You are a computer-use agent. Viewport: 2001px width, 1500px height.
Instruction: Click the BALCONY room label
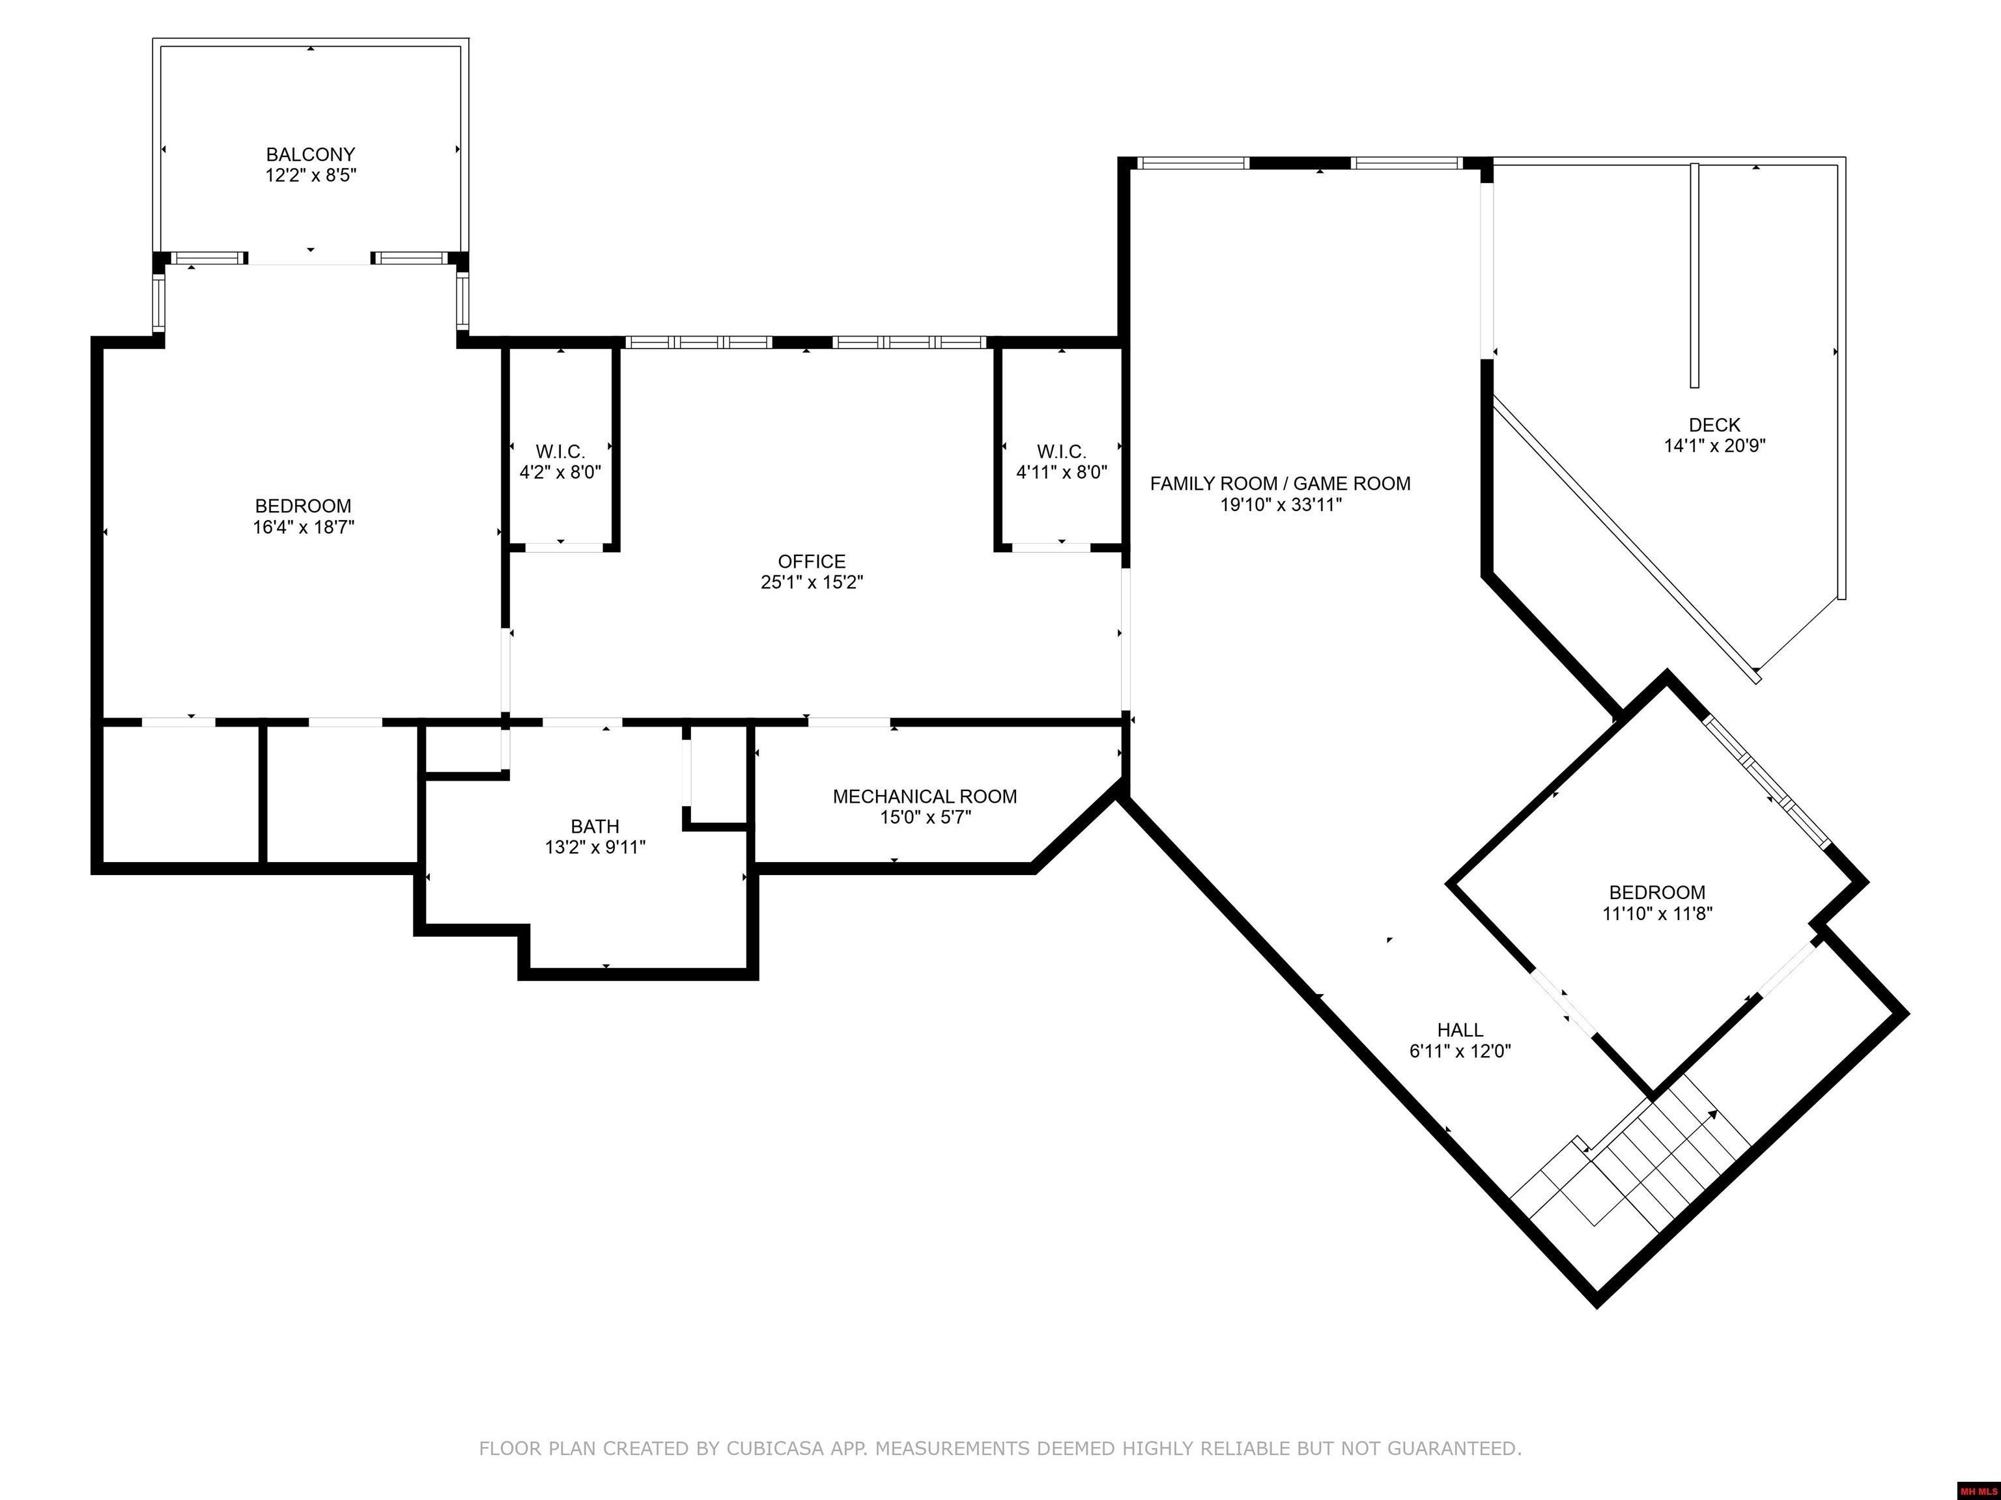(x=310, y=154)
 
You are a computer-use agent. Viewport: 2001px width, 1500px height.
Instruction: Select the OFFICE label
(x=812, y=561)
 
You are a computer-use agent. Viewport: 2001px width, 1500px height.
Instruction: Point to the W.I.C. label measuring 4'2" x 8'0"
(x=560, y=451)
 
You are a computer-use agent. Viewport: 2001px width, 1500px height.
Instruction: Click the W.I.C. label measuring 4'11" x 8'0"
(x=1061, y=451)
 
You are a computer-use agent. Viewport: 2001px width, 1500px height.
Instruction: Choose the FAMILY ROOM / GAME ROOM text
(x=1280, y=484)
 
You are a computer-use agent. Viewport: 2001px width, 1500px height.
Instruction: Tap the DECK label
(x=1714, y=425)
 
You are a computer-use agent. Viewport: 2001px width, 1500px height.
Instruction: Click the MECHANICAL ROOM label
(x=924, y=797)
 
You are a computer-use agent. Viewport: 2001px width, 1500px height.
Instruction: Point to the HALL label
(x=1460, y=1030)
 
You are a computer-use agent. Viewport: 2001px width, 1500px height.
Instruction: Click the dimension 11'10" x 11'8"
(x=1657, y=913)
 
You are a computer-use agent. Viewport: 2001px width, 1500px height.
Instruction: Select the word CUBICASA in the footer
(x=775, y=1449)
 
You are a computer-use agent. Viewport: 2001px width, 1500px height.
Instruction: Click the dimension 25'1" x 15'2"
(x=812, y=582)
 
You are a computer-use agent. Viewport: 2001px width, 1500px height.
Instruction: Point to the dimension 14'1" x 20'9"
(x=1714, y=446)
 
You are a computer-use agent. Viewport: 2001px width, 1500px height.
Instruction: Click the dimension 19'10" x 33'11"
(x=1280, y=505)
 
